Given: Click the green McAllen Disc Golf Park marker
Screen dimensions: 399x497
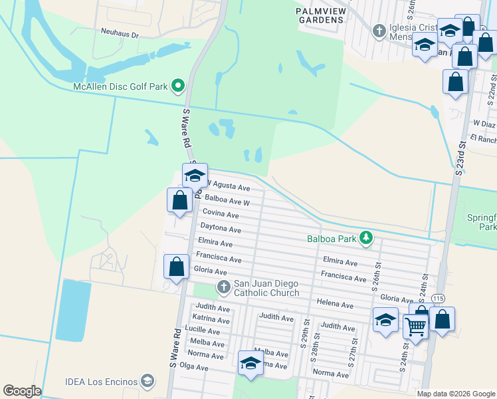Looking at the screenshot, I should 177,86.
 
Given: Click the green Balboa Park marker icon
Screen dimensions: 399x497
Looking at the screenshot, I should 365,237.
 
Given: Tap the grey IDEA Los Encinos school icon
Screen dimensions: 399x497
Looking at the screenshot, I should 148,381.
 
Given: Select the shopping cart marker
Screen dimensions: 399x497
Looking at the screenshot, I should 415,326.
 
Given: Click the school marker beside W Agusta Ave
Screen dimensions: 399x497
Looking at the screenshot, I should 195,176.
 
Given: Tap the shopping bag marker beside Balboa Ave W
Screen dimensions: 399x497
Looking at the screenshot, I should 180,199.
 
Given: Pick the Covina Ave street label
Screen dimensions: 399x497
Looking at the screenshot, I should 221,214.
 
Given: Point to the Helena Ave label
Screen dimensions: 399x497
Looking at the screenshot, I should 336,304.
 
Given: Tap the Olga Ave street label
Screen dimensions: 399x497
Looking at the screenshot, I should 194,366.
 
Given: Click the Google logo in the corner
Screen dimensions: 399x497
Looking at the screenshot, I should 22,391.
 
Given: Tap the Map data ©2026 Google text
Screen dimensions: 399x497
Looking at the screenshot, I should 455,394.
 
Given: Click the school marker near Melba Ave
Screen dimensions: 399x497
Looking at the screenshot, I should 250,363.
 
